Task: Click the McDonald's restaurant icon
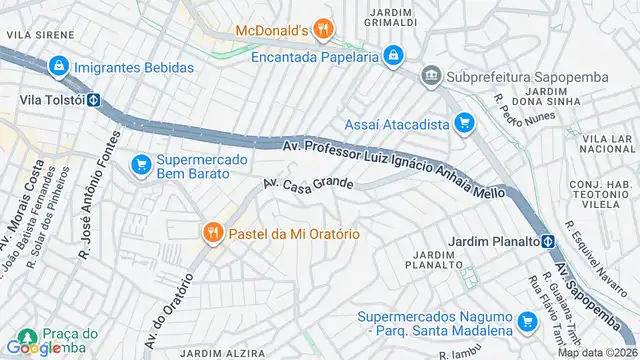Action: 321,30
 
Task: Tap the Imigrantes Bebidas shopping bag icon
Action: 60,65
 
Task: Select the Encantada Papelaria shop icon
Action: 394,56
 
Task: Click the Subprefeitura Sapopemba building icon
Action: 431,76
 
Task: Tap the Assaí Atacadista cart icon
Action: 463,123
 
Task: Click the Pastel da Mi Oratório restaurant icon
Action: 212,234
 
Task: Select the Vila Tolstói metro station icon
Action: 93,100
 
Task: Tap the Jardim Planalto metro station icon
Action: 549,241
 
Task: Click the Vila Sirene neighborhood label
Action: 31,33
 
